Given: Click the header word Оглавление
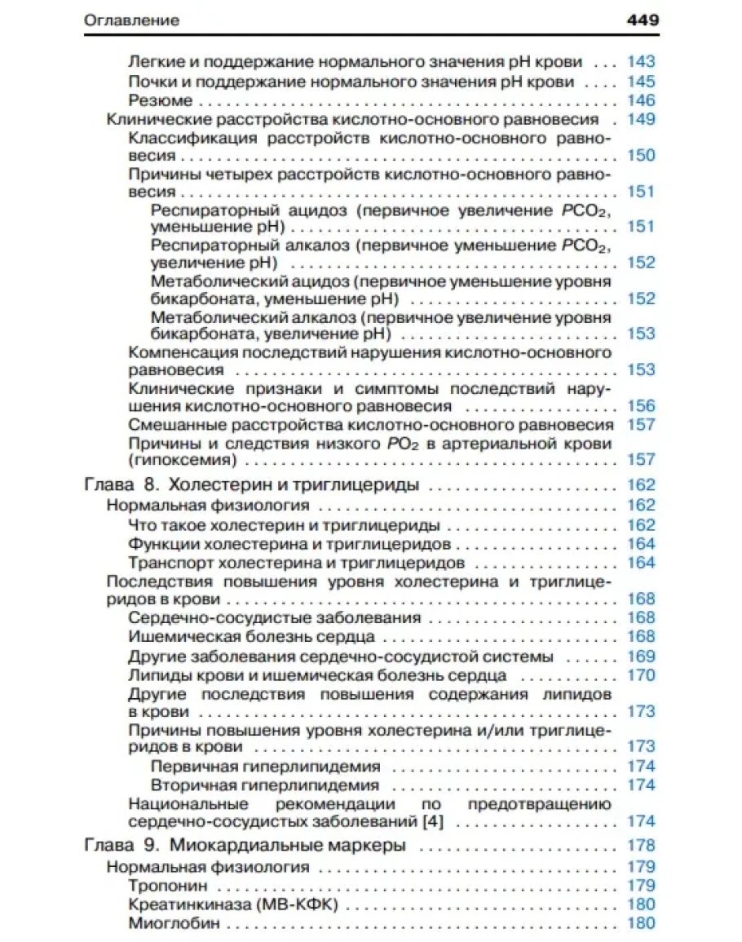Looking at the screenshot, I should (131, 20).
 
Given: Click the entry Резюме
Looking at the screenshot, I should (161, 100).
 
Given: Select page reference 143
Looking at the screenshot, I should (641, 62).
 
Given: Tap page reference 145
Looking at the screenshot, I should (641, 82).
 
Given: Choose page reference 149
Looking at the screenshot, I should (641, 119).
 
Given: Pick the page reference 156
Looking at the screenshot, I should (641, 405).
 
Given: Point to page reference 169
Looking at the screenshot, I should (641, 657).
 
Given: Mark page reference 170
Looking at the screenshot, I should (641, 675).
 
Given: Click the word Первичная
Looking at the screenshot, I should (193, 767).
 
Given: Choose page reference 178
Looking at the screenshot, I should (641, 846).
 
